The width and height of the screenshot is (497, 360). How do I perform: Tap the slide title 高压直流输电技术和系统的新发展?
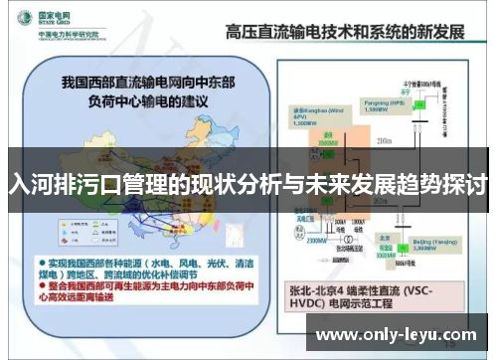345,29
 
